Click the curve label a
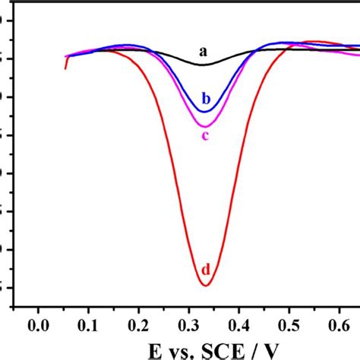[x=203, y=52]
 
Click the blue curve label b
[x=205, y=98]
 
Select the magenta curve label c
[x=205, y=136]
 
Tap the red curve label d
[x=205, y=270]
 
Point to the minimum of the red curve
[x=205, y=285]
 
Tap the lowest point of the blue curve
[x=204, y=112]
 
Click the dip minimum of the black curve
[x=203, y=65]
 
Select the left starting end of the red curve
[x=65, y=68]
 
